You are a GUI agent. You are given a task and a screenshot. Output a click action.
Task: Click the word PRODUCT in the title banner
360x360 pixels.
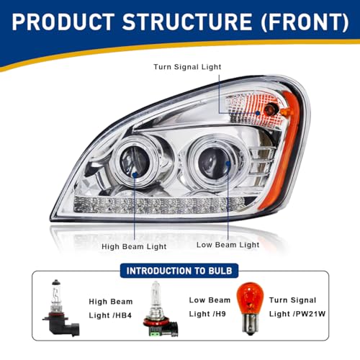pos(63,22)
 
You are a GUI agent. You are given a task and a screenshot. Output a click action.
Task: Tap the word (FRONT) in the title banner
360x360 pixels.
pos(305,22)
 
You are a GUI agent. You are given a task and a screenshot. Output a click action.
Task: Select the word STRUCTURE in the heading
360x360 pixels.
pos(187,22)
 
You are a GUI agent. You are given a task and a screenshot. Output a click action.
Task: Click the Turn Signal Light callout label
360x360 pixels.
pos(187,67)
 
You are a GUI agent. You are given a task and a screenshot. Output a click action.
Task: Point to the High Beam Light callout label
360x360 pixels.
pos(134,246)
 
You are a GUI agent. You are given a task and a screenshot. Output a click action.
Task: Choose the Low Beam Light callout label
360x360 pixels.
pos(228,245)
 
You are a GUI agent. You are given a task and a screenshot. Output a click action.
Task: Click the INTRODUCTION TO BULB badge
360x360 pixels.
pos(179,271)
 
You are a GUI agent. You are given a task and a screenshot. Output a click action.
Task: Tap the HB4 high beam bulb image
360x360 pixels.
pos(61,307)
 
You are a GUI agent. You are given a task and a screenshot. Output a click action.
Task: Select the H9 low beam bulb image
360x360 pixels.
pos(161,310)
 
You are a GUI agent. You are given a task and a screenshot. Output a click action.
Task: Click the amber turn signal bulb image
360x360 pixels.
pos(250,309)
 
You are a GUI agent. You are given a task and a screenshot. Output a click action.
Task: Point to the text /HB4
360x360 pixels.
pos(121,315)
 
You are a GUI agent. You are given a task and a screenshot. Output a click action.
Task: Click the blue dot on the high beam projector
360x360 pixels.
pos(135,174)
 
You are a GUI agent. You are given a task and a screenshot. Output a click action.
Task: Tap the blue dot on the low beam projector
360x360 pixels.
pos(228,163)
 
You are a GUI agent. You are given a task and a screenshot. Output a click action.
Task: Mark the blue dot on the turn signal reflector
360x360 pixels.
pos(258,113)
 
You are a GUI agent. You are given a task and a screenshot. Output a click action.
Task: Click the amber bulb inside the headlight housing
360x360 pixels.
pos(271,109)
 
